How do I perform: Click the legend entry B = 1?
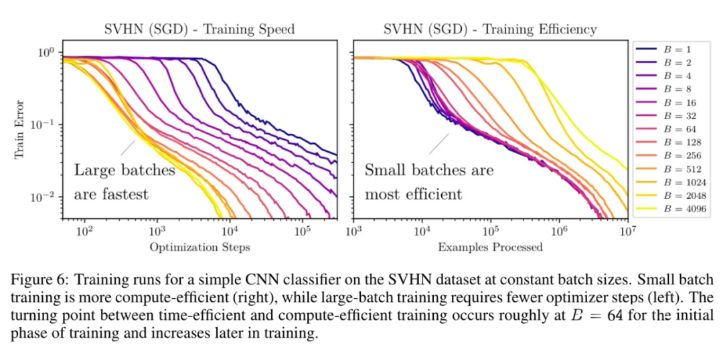(673, 49)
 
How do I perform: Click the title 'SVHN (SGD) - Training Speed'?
(199, 29)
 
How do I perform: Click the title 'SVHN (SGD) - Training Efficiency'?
(490, 29)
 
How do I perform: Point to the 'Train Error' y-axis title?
(21, 130)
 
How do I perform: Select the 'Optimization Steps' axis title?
(199, 248)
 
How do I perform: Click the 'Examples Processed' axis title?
(490, 248)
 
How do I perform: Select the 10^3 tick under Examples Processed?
(353, 232)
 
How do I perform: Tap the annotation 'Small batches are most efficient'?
(428, 182)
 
